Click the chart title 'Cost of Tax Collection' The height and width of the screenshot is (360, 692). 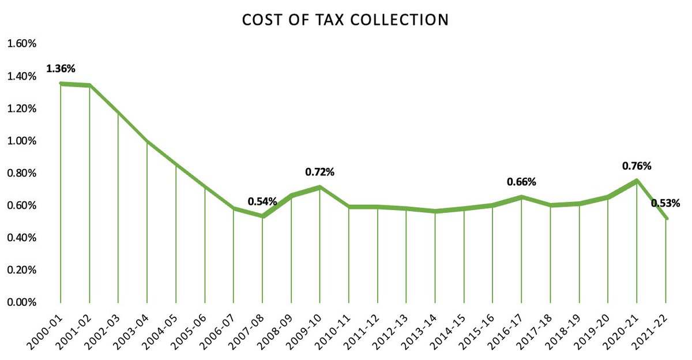(x=345, y=20)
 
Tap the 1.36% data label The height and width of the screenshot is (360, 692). (x=61, y=69)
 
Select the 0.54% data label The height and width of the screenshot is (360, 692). (x=262, y=202)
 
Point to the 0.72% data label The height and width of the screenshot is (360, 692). (x=320, y=172)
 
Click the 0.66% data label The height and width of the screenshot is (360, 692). (x=521, y=182)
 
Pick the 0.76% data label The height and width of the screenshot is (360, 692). (x=637, y=166)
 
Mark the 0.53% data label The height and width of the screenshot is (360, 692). (x=665, y=203)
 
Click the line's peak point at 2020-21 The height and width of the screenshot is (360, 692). (x=637, y=181)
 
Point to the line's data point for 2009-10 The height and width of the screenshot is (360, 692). (x=320, y=187)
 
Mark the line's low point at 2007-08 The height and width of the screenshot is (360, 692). (x=262, y=216)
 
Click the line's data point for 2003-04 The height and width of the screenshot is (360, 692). (x=147, y=141)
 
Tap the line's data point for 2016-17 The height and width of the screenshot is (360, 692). (x=521, y=197)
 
